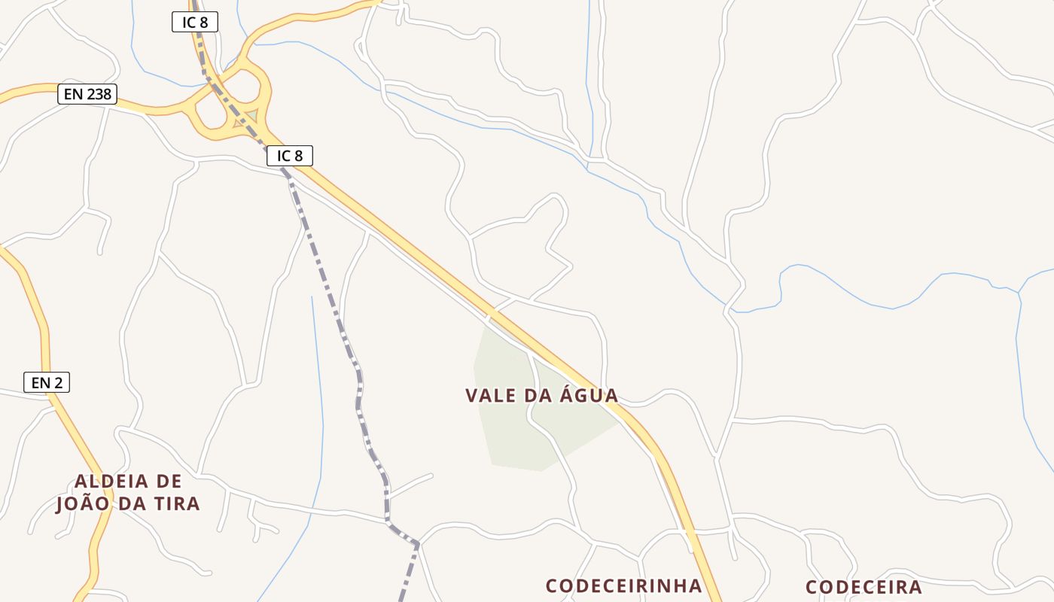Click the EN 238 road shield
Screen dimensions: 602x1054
tap(87, 95)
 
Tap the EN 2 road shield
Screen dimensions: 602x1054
tap(47, 382)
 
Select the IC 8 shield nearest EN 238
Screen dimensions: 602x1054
tap(195, 23)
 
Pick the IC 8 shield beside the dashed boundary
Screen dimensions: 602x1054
tap(290, 156)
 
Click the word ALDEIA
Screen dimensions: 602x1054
tap(111, 482)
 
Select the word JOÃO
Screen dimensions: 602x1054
tap(84, 504)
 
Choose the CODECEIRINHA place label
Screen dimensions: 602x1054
tap(623, 585)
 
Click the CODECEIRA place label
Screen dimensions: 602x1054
tap(864, 587)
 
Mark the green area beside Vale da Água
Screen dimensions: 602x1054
tap(512, 436)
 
